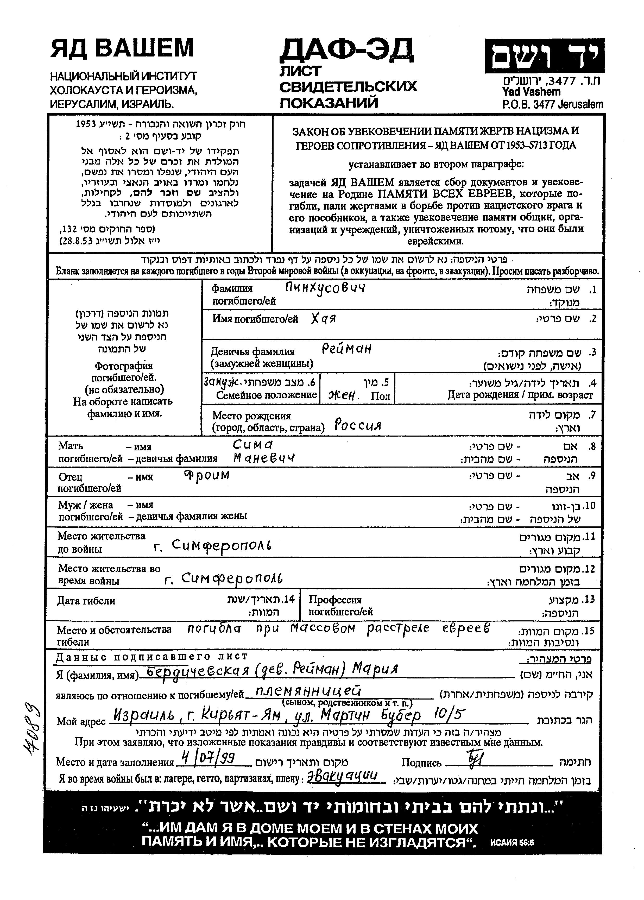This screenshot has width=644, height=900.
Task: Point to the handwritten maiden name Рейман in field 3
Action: (x=346, y=349)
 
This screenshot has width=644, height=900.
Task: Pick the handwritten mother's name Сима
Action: (x=253, y=444)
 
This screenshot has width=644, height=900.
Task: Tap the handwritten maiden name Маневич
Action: (x=264, y=458)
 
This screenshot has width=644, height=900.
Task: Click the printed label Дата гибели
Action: (x=86, y=601)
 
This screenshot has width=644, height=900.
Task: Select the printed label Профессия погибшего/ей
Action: (x=340, y=606)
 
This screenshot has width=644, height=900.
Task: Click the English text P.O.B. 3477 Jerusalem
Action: (x=552, y=105)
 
